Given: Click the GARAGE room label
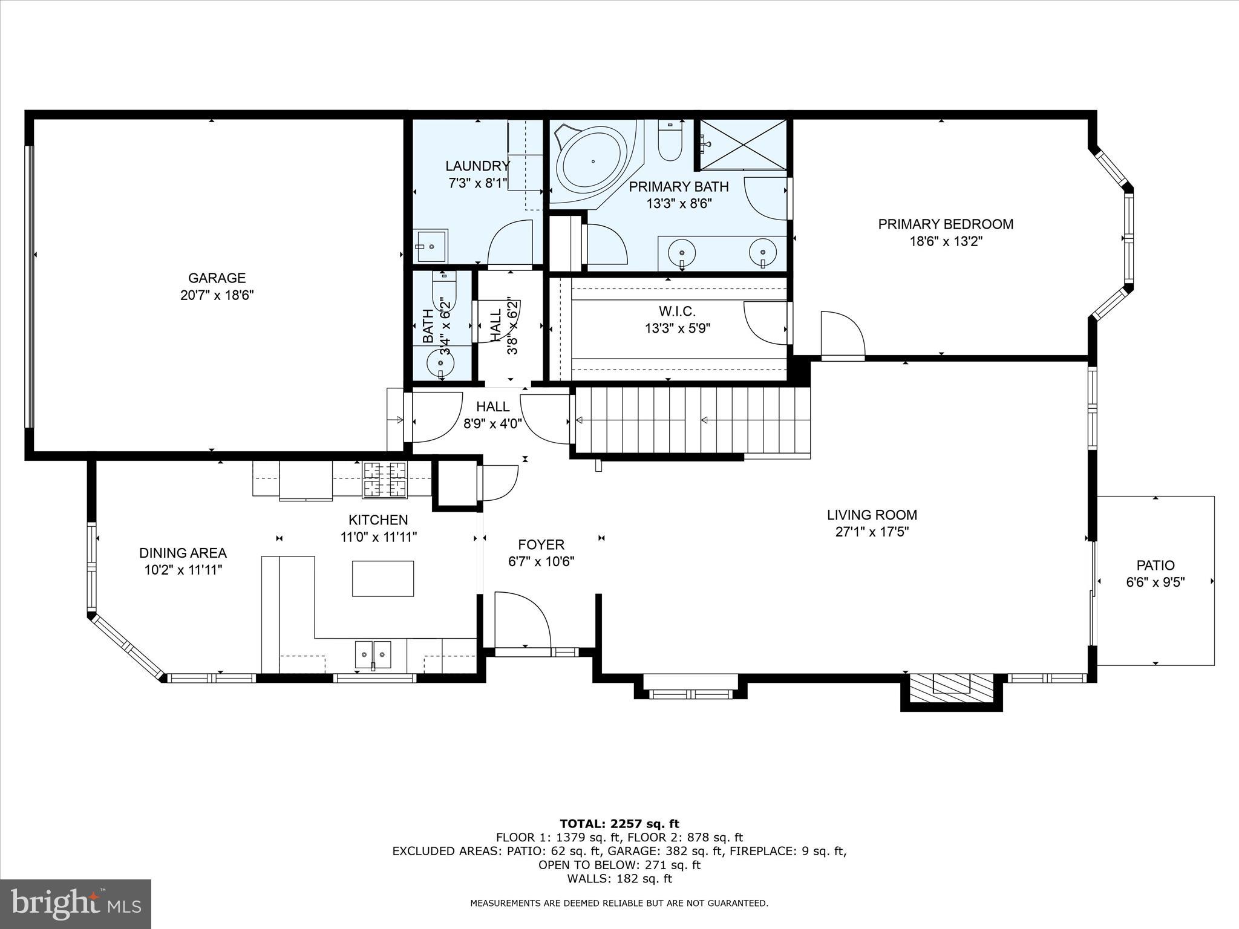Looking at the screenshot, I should [x=217, y=278].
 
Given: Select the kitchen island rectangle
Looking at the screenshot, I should [x=383, y=578].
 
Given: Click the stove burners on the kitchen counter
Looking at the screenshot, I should [x=384, y=480].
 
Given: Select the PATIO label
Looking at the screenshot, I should [x=1155, y=566].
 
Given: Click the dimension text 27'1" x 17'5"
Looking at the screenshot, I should [x=872, y=532].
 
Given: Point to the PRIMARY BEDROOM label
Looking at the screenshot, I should [x=946, y=224].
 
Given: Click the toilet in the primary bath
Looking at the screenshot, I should [x=670, y=143].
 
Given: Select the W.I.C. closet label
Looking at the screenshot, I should [x=677, y=311].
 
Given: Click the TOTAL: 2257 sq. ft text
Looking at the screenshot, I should [x=619, y=824].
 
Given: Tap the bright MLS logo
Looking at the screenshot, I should [x=76, y=904].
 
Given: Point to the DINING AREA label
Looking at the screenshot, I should [x=183, y=553].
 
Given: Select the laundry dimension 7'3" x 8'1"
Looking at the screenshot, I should [x=477, y=183].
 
